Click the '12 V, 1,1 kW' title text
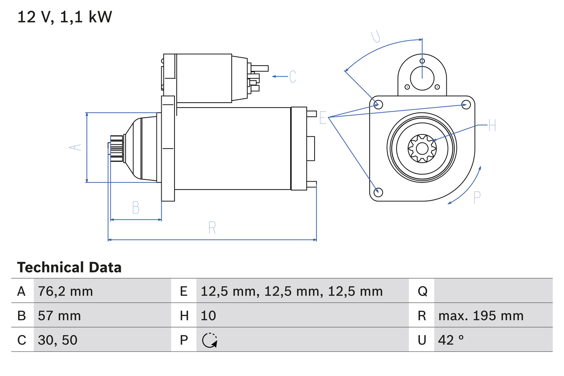pyautogui.click(x=65, y=17)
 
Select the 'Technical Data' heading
pyautogui.click(x=69, y=268)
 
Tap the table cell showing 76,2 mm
pyautogui.click(x=65, y=291)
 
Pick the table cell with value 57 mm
pyautogui.click(x=59, y=316)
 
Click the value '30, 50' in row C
pyautogui.click(x=58, y=340)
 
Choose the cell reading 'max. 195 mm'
pyautogui.click(x=481, y=316)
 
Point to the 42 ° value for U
pyautogui.click(x=451, y=340)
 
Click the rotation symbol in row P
pyautogui.click(x=210, y=340)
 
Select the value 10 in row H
pyautogui.click(x=208, y=316)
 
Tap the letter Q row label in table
pyautogui.click(x=422, y=291)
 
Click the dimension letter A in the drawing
pyautogui.click(x=76, y=147)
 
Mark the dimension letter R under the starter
pyautogui.click(x=212, y=228)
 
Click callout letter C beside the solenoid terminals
pyautogui.click(x=293, y=77)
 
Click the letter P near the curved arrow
pyautogui.click(x=476, y=197)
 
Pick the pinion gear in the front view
pyautogui.click(x=422, y=149)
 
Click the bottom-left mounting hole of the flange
pyautogui.click(x=378, y=192)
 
